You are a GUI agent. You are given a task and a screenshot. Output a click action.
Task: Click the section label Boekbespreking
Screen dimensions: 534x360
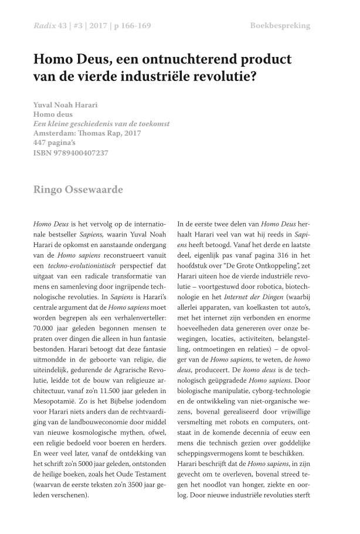pos(280,26)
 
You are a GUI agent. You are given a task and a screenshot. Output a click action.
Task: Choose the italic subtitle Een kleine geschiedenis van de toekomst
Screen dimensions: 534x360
pos(101,124)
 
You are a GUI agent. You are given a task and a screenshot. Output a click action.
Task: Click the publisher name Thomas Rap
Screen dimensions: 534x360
pos(110,134)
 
